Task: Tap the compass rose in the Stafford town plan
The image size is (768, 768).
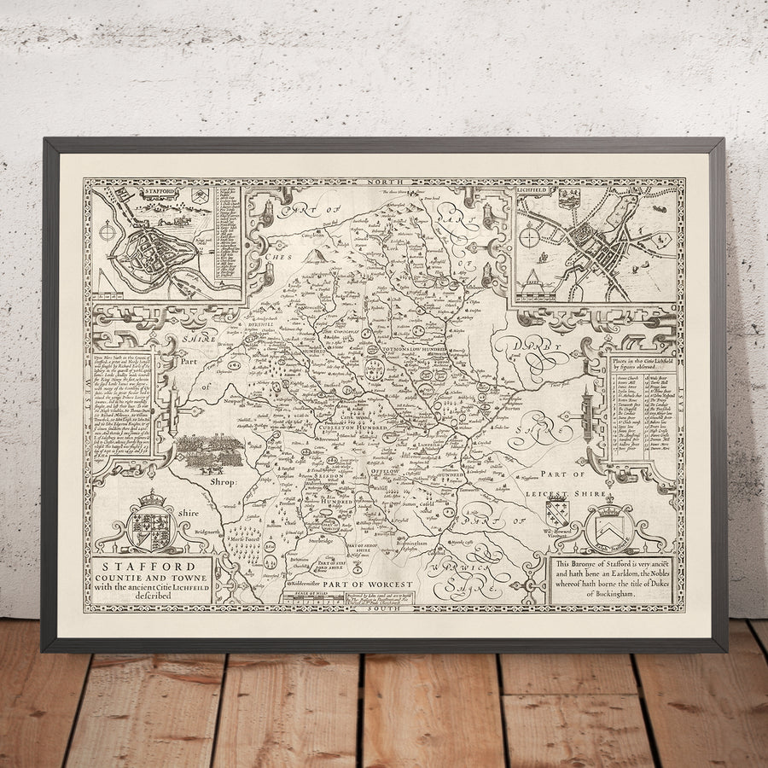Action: tap(108, 230)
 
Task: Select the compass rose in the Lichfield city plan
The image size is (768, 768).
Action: tap(529, 236)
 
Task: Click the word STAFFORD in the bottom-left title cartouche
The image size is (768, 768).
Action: tap(146, 566)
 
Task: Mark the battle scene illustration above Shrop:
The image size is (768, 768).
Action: tap(209, 452)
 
